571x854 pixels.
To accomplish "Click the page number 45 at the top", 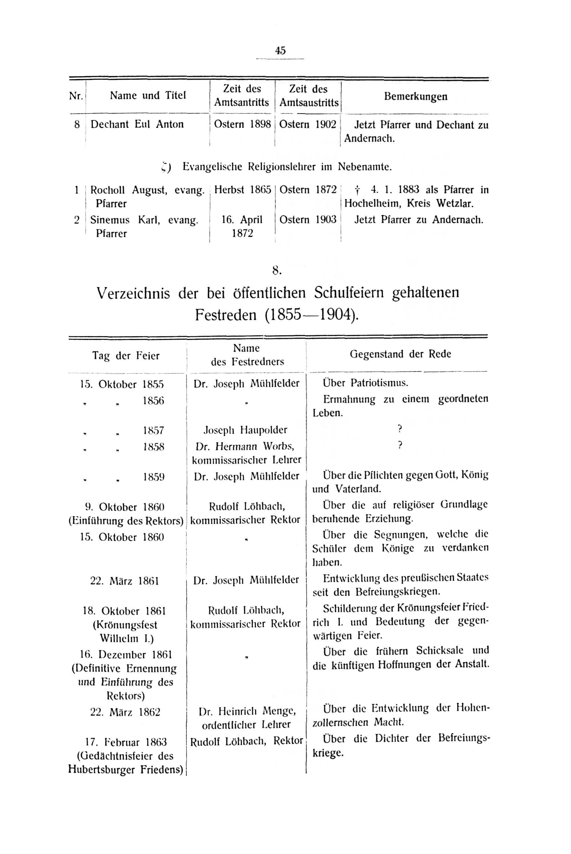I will [280, 51].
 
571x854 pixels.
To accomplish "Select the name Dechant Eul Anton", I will [137, 124].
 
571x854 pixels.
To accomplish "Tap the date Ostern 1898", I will [242, 124].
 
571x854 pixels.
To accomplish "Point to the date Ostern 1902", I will [308, 124].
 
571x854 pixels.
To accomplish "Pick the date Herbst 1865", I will [242, 190].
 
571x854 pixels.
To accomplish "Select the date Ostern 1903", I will [308, 220].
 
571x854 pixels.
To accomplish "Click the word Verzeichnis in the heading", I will [133, 293].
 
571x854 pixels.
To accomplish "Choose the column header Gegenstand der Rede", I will [400, 354].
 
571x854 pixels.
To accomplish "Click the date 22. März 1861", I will [124, 581].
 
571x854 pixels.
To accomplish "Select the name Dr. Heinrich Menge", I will [247, 711].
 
